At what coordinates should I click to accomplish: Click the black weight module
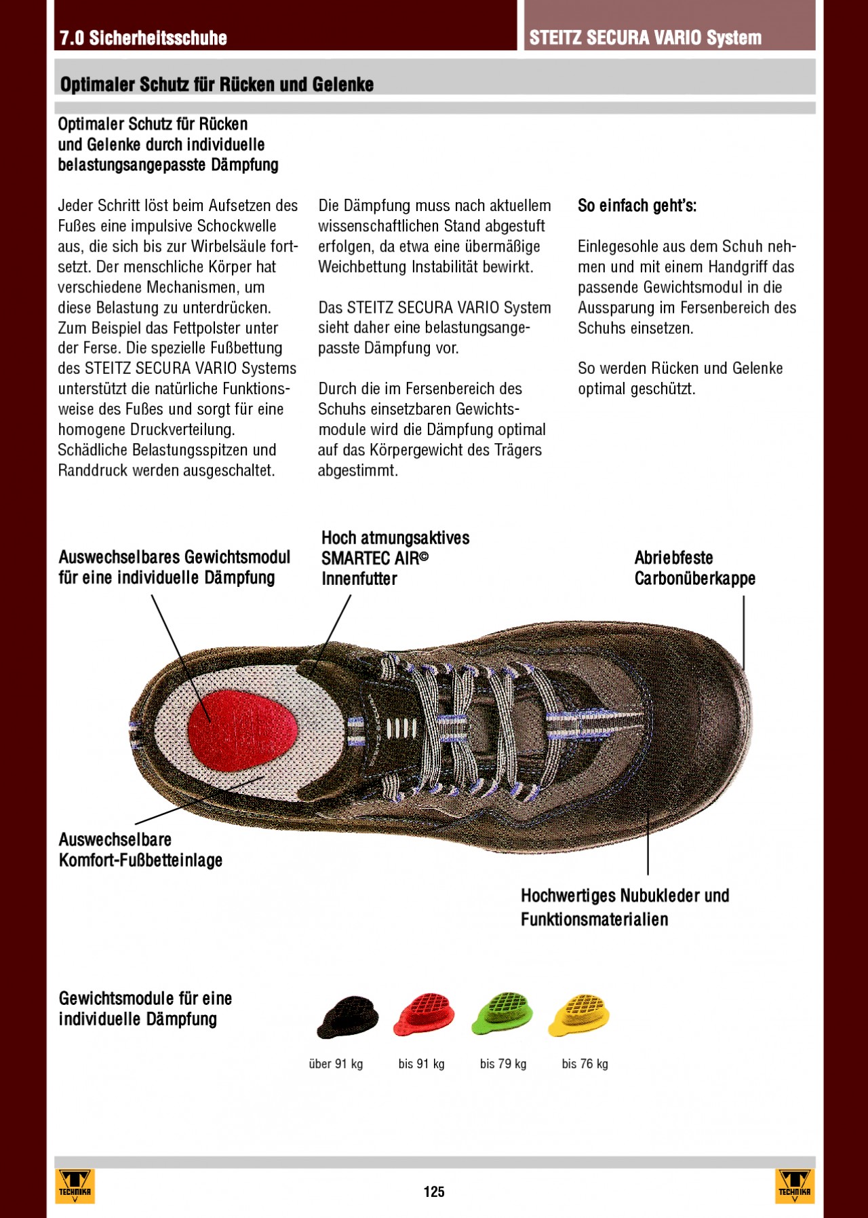[347, 1016]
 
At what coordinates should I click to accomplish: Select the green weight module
[502, 1012]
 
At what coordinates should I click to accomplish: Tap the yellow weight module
[580, 1014]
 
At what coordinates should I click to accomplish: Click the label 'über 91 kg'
[336, 1064]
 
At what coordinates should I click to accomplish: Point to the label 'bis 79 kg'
[502, 1064]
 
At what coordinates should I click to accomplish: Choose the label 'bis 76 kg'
[585, 1064]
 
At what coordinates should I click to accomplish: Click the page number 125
[434, 1192]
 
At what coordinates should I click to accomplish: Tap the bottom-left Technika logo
[75, 1185]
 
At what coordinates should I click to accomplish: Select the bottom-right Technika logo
[794, 1185]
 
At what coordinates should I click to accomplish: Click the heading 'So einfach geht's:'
[637, 206]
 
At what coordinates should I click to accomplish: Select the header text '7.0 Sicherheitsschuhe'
[143, 38]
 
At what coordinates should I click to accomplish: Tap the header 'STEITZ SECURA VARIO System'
[645, 38]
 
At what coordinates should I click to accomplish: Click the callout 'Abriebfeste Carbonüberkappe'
[694, 568]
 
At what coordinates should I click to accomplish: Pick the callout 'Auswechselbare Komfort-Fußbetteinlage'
[140, 850]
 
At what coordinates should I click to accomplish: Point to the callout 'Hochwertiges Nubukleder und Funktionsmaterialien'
[625, 907]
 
